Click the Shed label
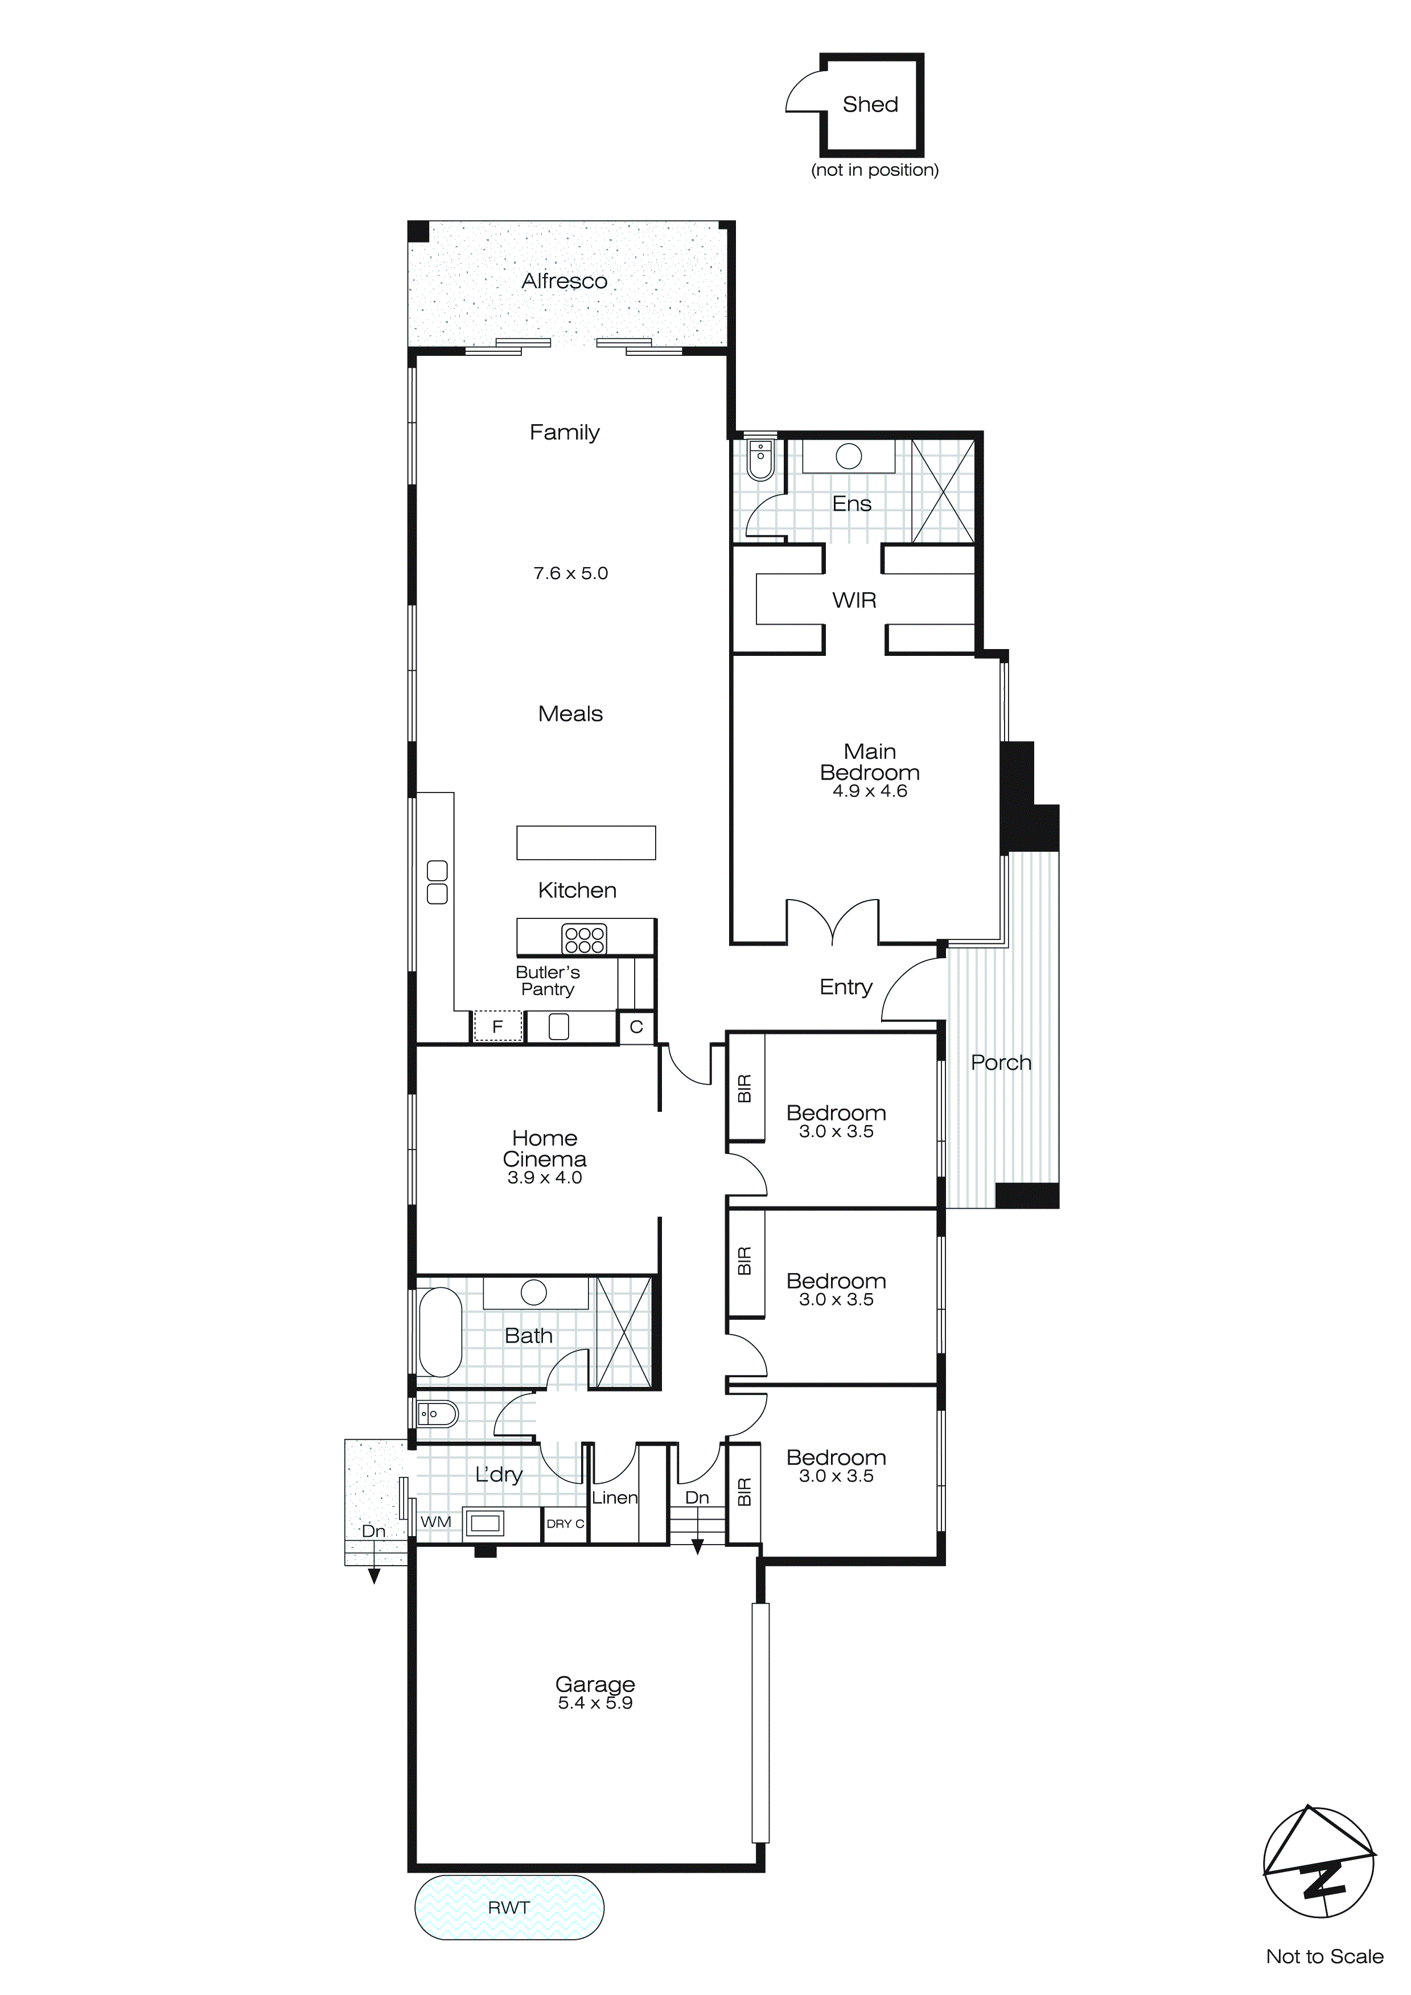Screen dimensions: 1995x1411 [x=870, y=104]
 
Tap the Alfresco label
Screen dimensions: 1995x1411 [x=564, y=281]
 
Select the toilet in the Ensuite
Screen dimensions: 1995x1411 [x=760, y=459]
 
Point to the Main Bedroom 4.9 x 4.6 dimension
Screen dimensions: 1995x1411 [x=870, y=791]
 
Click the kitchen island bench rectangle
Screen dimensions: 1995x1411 [x=586, y=842]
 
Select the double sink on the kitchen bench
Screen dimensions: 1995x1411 [x=437, y=882]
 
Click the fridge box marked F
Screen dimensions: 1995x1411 [x=497, y=1026]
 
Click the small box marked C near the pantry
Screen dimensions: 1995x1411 [x=636, y=1026]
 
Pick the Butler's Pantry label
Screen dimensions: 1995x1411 [x=548, y=980]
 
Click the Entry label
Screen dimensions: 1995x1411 [x=845, y=987]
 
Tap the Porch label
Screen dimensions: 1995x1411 [x=1001, y=1062]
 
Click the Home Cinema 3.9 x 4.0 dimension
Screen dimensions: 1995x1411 [x=545, y=1178]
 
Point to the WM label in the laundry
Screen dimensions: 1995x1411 [x=435, y=1521]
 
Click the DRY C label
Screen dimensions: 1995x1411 [x=565, y=1523]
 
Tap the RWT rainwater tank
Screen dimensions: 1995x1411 [x=509, y=1907]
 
